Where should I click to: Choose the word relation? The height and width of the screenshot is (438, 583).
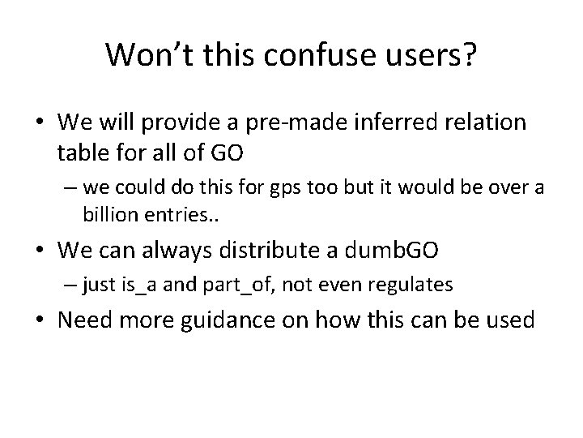486,123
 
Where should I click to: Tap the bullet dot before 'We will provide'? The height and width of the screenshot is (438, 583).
40,123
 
